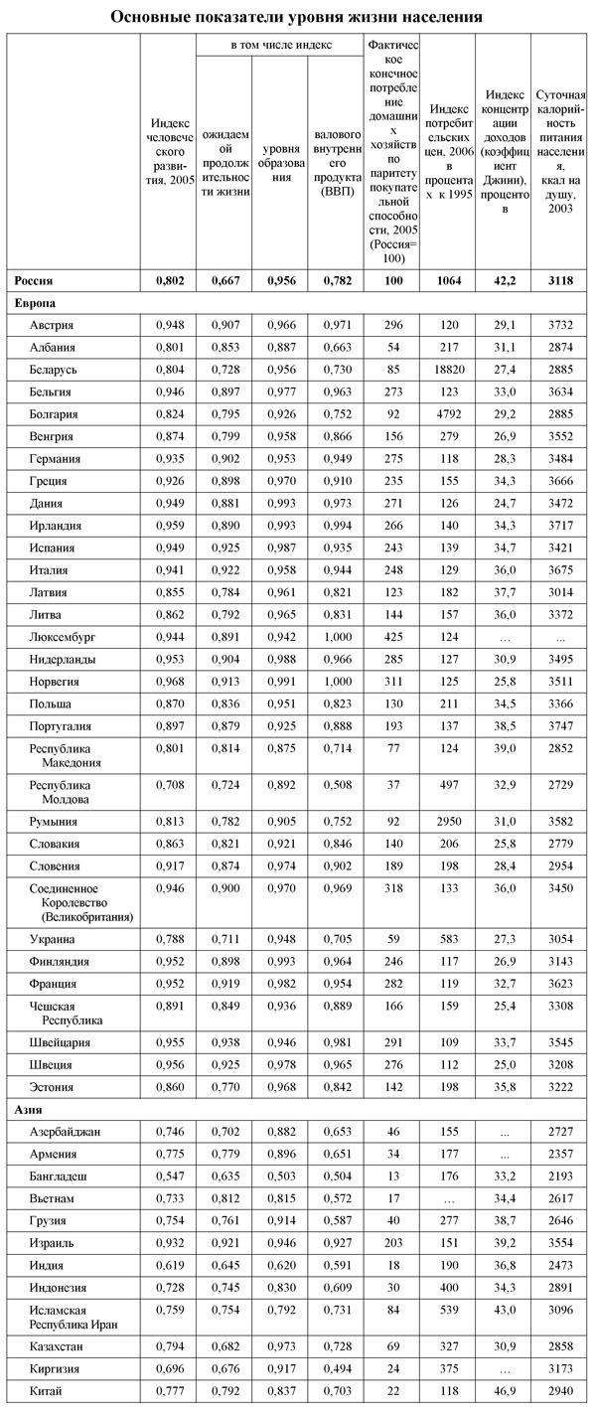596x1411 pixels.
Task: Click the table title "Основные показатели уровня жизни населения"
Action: pyautogui.click(x=297, y=17)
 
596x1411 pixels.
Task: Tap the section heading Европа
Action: pyautogui.click(x=35, y=301)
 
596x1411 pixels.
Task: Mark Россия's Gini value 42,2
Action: pyautogui.click(x=503, y=281)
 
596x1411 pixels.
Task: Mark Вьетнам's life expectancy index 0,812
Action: pyautogui.click(x=224, y=1197)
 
